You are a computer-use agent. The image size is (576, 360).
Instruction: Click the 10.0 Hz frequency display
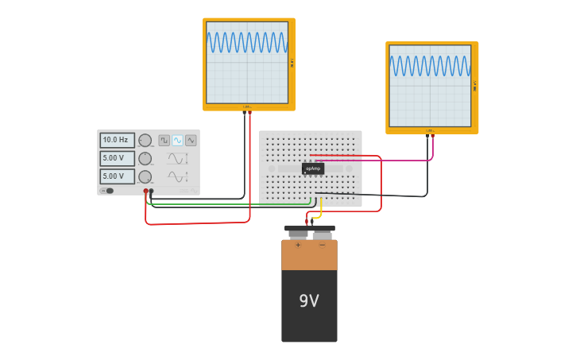coord(117,140)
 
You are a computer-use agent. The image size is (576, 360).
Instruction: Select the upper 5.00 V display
coord(117,158)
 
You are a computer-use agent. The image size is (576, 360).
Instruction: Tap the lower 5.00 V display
coord(117,176)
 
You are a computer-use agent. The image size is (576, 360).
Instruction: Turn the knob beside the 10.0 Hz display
coord(145,141)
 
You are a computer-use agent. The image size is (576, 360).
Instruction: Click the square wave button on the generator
coord(164,140)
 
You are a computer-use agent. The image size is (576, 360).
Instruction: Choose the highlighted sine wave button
coord(177,140)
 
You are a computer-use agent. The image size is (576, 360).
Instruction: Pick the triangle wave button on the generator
coord(191,140)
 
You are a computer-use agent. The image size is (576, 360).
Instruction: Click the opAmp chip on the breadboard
coord(313,168)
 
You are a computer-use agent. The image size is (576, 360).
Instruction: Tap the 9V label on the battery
coord(309,301)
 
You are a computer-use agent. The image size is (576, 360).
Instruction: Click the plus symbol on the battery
coord(298,245)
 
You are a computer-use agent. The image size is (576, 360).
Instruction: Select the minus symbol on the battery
coord(322,245)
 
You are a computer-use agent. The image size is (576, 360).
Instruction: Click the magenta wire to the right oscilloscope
coord(397,161)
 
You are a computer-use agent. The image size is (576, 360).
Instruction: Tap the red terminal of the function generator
coord(145,191)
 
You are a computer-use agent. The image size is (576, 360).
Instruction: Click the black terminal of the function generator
coord(151,191)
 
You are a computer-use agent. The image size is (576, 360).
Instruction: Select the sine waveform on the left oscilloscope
coord(247,42)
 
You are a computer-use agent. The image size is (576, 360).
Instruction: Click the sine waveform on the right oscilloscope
coord(430,66)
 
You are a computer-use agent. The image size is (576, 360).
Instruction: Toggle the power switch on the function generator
coord(108,191)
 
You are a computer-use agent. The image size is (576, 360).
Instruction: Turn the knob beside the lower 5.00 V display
coord(145,176)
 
